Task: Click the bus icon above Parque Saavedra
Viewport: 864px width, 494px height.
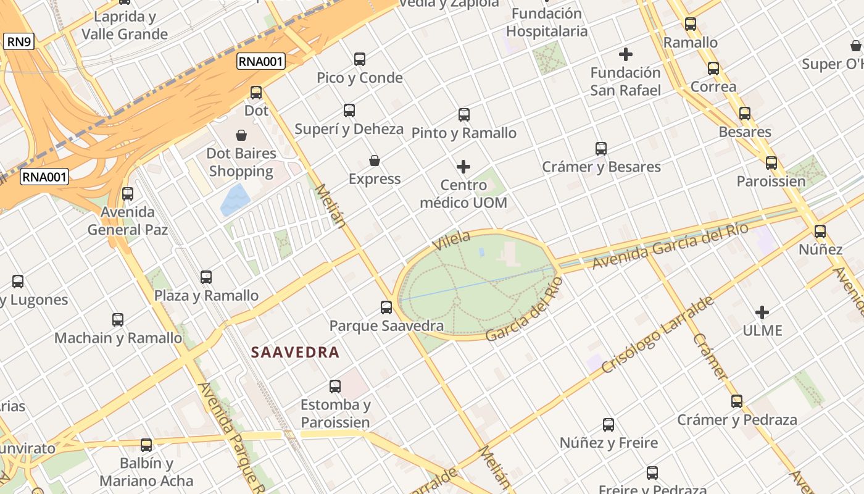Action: point(386,307)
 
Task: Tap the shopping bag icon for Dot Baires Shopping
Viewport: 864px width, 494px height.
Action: point(241,135)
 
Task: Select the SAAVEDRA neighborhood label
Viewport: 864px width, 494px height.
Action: point(295,353)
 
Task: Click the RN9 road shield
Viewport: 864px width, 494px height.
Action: point(19,42)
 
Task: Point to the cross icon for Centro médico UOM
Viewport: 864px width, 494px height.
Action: point(463,167)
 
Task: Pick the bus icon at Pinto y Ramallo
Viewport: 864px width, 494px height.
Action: point(464,114)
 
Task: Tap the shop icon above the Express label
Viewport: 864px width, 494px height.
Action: point(374,161)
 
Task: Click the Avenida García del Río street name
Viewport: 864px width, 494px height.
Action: point(670,246)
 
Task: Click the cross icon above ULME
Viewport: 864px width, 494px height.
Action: point(762,312)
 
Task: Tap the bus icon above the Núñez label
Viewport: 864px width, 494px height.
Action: point(820,232)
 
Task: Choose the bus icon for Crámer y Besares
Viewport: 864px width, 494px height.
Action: point(601,148)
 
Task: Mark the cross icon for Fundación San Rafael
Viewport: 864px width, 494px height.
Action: point(626,54)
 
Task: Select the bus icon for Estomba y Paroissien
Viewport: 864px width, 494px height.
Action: point(335,387)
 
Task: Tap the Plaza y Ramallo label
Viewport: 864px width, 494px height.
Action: point(206,296)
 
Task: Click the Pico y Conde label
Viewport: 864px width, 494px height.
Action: point(359,78)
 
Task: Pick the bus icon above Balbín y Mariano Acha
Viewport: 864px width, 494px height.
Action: point(146,445)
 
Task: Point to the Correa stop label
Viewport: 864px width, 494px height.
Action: point(713,86)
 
